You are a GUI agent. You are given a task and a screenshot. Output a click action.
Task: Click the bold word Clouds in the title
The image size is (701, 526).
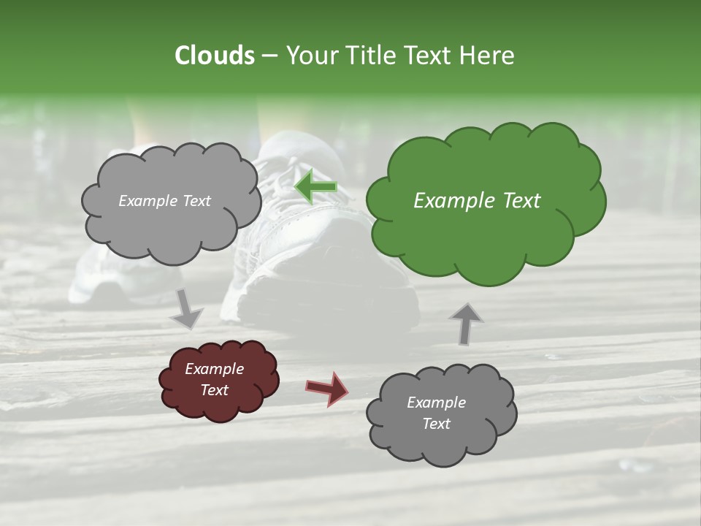(215, 56)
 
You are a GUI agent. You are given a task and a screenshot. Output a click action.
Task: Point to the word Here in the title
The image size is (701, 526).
(488, 56)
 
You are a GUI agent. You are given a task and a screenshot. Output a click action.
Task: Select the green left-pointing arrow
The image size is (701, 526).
(315, 187)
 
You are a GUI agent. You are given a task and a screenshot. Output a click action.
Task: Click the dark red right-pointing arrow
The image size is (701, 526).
(327, 388)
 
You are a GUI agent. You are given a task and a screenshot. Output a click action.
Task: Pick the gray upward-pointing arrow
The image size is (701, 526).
(466, 323)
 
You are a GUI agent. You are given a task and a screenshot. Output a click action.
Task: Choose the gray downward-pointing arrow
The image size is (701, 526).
(187, 308)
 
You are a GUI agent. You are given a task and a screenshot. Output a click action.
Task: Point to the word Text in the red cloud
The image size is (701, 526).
(215, 390)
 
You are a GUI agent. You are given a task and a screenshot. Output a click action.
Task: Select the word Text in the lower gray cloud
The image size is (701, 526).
(437, 424)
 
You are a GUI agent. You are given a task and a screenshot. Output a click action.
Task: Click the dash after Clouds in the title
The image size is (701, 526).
(269, 56)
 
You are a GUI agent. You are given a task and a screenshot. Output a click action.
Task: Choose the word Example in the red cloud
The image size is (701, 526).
(215, 369)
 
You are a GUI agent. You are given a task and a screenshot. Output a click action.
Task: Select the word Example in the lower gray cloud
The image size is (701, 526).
(437, 403)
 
